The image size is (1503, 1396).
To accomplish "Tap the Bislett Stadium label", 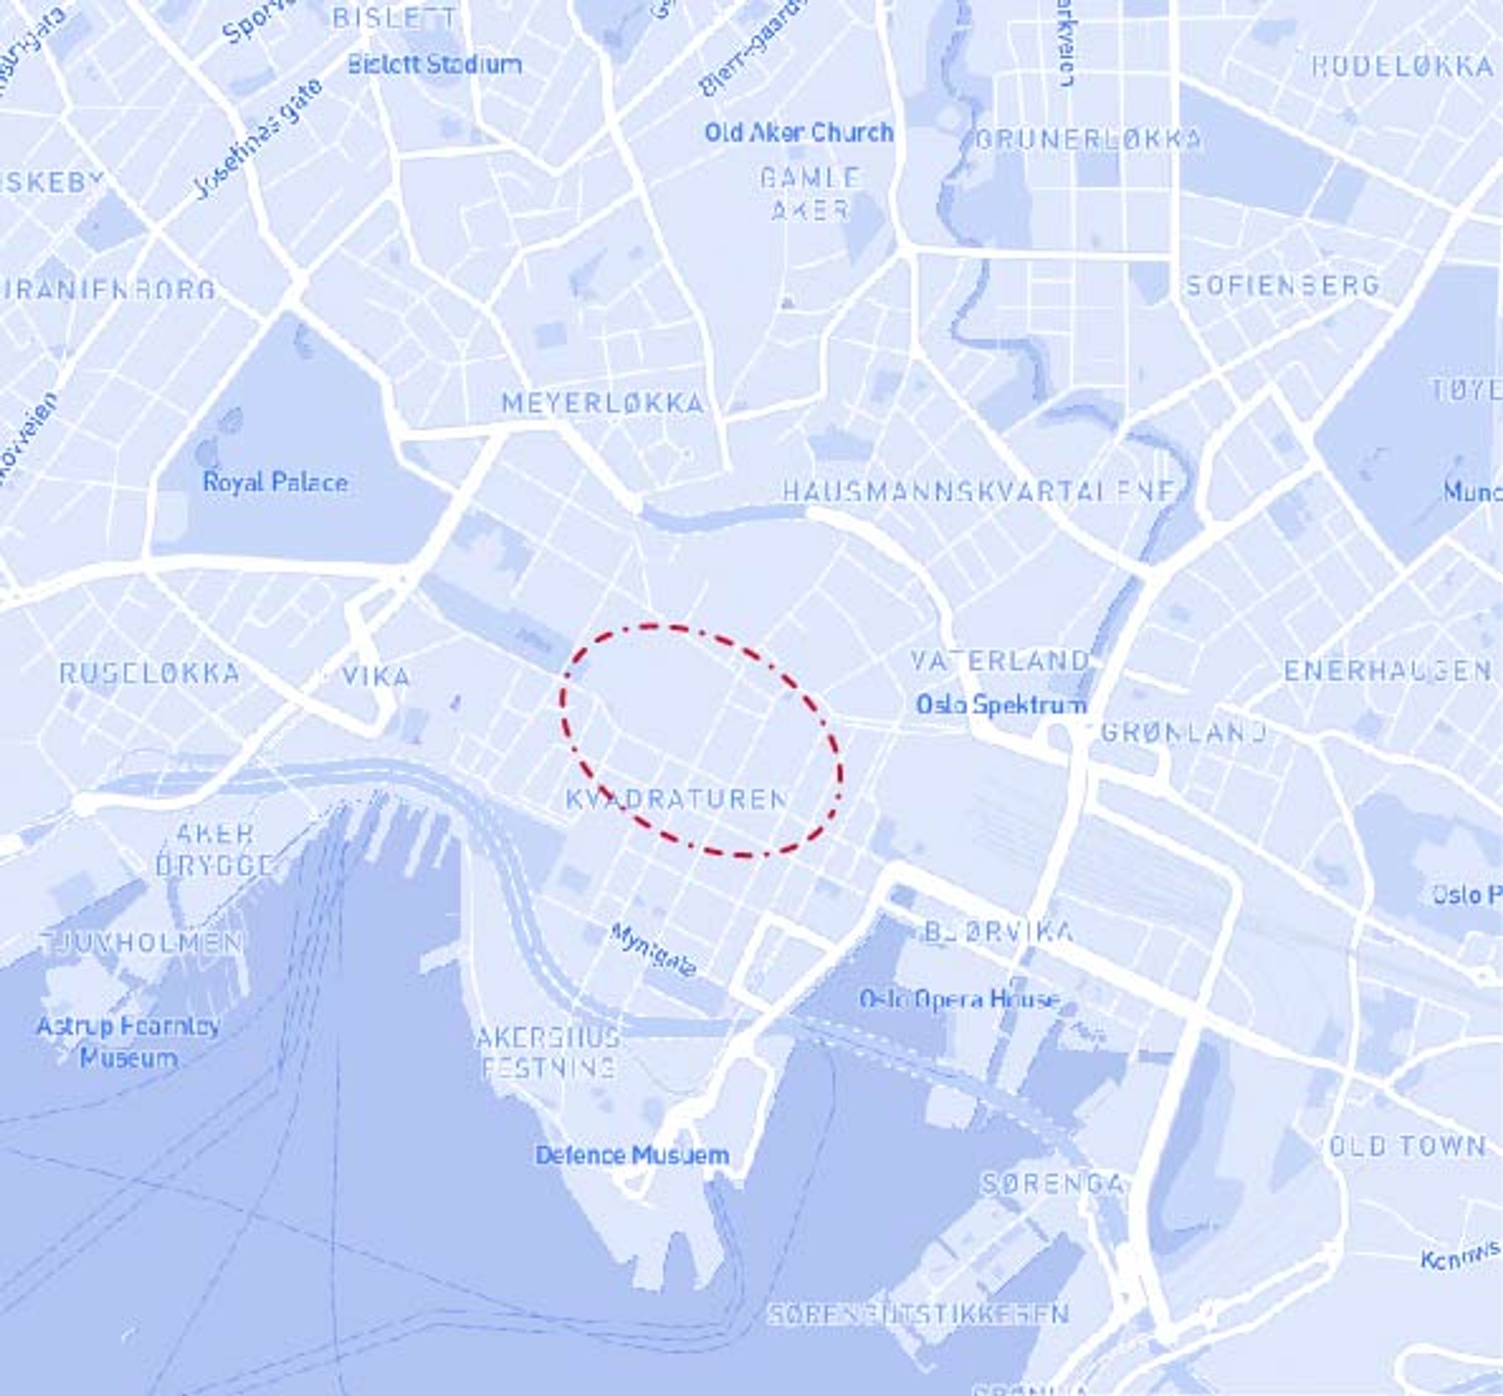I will click(x=434, y=65).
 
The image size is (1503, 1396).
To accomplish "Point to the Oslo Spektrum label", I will click(x=1001, y=705).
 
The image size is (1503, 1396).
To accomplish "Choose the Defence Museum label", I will click(x=632, y=1155).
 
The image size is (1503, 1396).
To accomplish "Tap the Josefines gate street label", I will click(x=258, y=138).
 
